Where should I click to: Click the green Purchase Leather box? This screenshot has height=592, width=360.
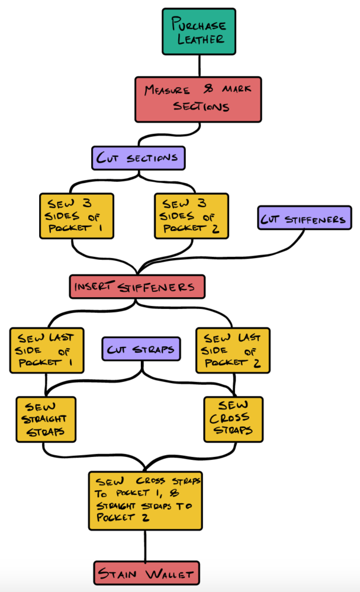coord(198,31)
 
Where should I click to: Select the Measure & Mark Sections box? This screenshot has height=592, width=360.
coord(198,99)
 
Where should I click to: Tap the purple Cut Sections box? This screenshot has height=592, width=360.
coord(139,158)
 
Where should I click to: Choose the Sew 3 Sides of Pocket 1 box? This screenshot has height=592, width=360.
coord(76,215)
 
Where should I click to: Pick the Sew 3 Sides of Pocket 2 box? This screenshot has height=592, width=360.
coord(191,215)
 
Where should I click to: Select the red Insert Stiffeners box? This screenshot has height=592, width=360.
coord(137,287)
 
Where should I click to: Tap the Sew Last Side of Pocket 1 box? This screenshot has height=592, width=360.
coord(46,350)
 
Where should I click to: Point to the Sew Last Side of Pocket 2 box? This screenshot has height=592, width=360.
coord(233,350)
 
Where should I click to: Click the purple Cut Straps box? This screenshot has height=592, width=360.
coord(141,349)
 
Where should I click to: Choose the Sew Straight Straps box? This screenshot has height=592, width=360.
coord(46,419)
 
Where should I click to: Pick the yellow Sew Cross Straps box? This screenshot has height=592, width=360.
coord(233,419)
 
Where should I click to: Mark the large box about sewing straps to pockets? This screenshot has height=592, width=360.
coord(145,500)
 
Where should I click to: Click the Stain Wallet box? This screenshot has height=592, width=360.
coord(146,574)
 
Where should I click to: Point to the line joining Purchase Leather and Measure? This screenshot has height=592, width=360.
coord(198,65)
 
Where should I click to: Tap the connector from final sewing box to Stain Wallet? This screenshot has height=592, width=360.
coord(146,545)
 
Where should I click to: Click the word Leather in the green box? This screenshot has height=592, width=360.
coord(198,40)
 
